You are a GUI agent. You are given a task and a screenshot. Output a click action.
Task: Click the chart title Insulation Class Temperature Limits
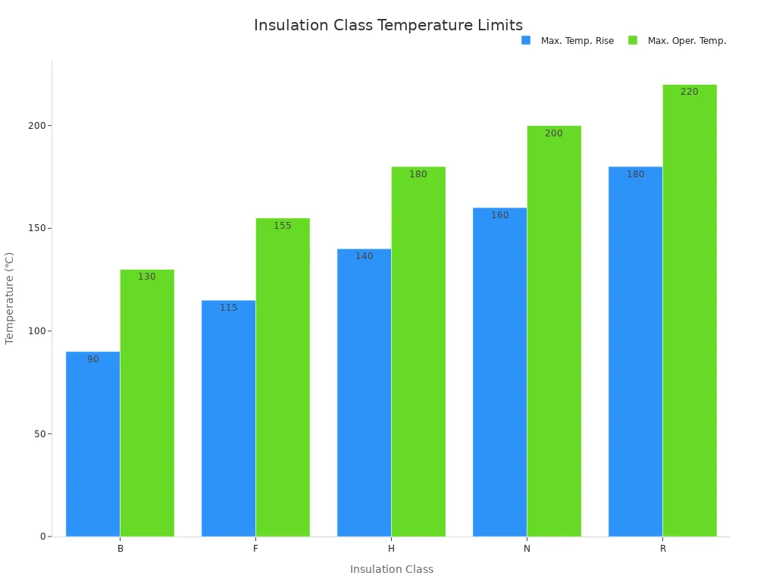(x=388, y=26)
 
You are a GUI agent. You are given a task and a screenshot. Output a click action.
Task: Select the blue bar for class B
(x=92, y=447)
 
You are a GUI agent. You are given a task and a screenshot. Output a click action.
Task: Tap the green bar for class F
(x=283, y=379)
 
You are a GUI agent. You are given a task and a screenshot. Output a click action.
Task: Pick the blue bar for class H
(x=364, y=394)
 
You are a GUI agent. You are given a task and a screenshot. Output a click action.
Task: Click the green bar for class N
(x=554, y=333)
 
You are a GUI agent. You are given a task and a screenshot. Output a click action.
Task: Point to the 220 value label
(x=690, y=92)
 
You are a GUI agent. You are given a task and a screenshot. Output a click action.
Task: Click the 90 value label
(x=92, y=359)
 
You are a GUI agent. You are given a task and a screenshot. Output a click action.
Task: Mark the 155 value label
(x=283, y=226)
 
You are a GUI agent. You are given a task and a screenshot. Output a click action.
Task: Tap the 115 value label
(x=228, y=308)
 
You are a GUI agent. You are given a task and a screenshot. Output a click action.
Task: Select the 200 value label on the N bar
(x=554, y=133)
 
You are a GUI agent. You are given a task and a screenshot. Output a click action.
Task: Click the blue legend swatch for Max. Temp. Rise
(x=526, y=40)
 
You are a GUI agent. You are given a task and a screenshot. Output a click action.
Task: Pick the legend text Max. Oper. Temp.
(x=687, y=41)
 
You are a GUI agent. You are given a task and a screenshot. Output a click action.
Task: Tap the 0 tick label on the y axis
(x=43, y=537)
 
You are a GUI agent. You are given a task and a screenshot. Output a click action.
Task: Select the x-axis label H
(x=391, y=549)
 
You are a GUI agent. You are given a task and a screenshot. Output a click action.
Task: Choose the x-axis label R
(x=662, y=549)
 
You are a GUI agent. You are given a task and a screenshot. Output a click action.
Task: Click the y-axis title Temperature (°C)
(x=10, y=298)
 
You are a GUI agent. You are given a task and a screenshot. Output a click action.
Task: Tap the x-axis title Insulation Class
(x=391, y=569)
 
